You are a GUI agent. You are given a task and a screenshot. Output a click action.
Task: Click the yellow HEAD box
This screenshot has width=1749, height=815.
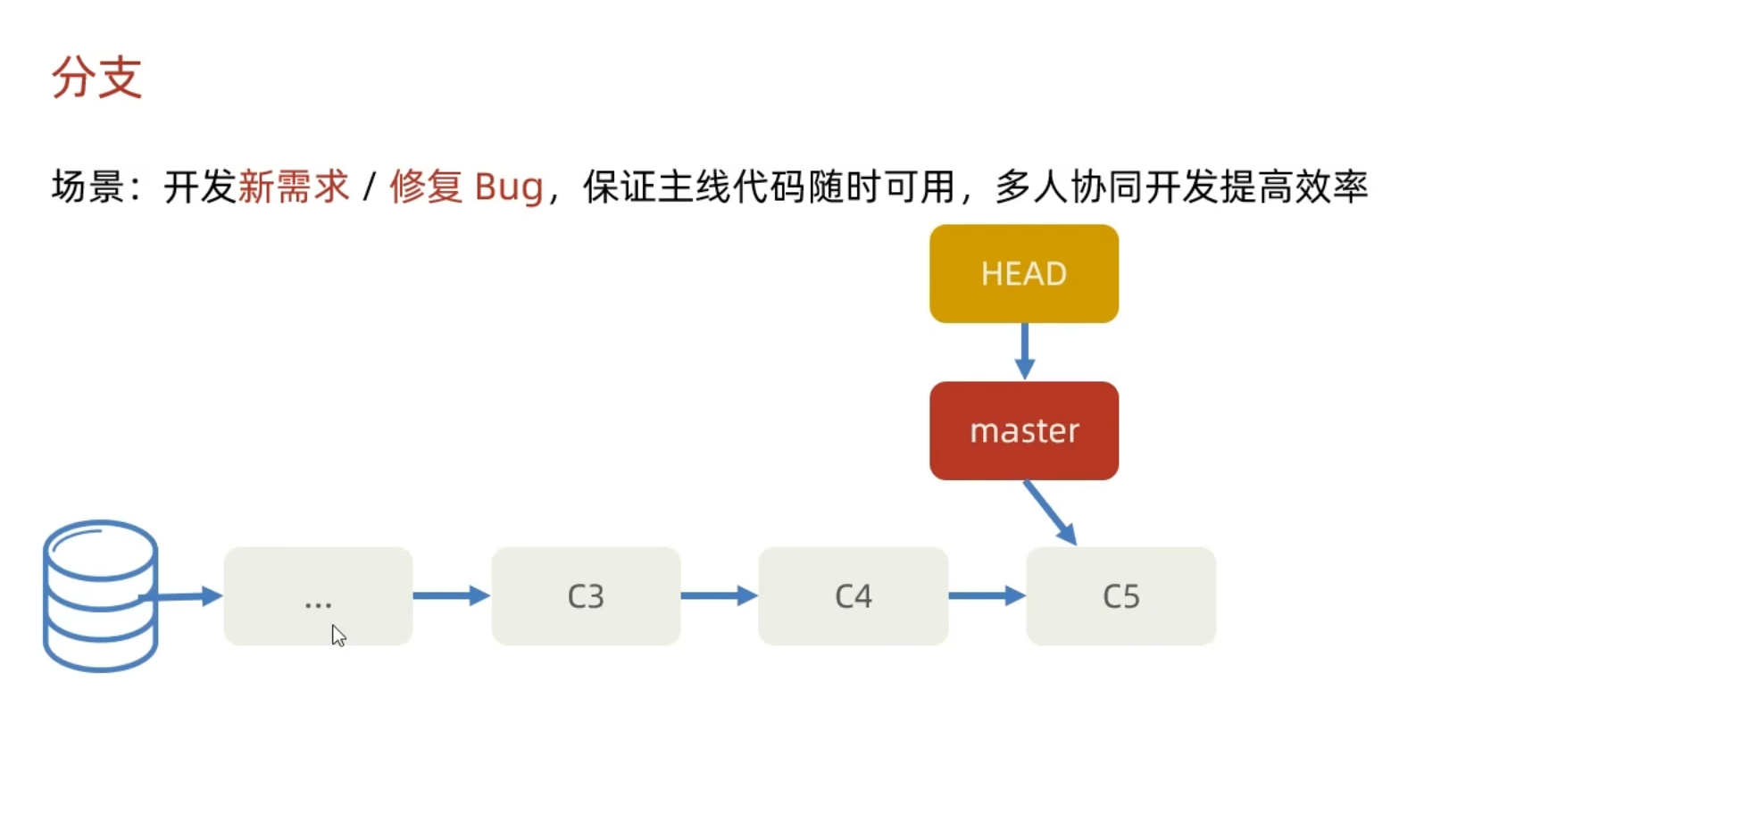1023,273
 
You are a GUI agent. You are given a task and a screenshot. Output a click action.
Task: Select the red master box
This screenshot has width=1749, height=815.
1023,430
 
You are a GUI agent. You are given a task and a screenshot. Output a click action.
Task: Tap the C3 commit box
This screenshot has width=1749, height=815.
586,595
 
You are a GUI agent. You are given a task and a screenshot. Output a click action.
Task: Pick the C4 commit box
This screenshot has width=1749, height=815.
853,595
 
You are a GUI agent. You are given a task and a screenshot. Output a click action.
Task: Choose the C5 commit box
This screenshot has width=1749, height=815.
1120,595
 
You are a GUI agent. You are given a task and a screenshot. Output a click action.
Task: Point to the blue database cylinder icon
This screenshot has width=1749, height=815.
100,595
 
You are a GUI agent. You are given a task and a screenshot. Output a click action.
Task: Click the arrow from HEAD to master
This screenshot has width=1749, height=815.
1024,351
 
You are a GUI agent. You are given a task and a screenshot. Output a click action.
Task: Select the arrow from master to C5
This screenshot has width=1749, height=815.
1050,512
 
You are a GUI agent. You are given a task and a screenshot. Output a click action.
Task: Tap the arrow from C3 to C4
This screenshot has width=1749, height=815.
719,595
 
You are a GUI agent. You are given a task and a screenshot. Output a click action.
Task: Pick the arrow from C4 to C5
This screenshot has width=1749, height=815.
987,595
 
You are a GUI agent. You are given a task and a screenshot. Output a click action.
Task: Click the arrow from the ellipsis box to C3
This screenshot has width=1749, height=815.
451,595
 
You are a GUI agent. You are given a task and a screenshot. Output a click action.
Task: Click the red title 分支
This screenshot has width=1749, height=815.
96,78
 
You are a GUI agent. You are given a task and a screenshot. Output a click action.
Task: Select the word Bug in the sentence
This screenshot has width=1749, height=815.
509,187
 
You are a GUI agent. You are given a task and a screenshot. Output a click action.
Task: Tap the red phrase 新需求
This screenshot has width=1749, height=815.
294,187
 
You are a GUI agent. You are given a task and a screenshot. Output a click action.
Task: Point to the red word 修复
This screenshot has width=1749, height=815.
426,187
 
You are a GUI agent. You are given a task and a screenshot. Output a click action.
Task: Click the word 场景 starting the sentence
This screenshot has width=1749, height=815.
87,187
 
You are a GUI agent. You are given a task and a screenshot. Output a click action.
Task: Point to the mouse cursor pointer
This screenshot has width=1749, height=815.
337,635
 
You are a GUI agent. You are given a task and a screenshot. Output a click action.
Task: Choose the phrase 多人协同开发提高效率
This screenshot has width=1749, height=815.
1181,187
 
